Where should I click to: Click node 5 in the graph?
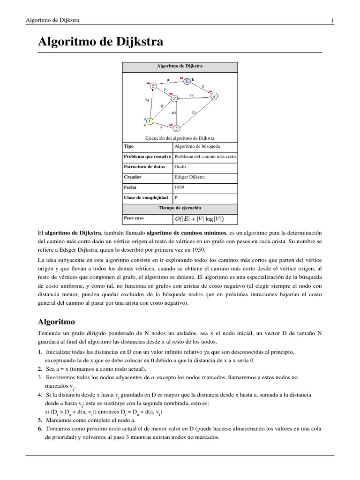[x=187, y=81]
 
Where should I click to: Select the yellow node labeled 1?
[x=149, y=121]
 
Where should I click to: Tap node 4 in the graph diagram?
[x=214, y=97]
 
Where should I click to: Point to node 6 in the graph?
[x=152, y=86]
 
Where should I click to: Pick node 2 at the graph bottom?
[x=176, y=128]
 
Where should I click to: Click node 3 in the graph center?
[x=174, y=98]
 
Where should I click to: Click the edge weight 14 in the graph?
[x=147, y=100]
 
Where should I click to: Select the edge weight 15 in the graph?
[x=193, y=113]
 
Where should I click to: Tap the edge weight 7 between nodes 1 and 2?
[x=161, y=127]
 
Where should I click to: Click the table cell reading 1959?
[x=179, y=187]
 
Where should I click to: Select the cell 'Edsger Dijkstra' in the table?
[x=189, y=177]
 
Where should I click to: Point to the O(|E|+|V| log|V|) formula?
[x=199, y=218]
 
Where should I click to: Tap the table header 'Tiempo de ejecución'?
[x=180, y=207]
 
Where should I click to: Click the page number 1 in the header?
[x=332, y=20]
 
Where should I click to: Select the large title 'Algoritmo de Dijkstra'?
[x=100, y=43]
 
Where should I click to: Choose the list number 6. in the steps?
[x=40, y=429]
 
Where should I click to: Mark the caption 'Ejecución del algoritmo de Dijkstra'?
[x=180, y=138]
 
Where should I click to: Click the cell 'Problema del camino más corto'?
[x=205, y=156]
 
